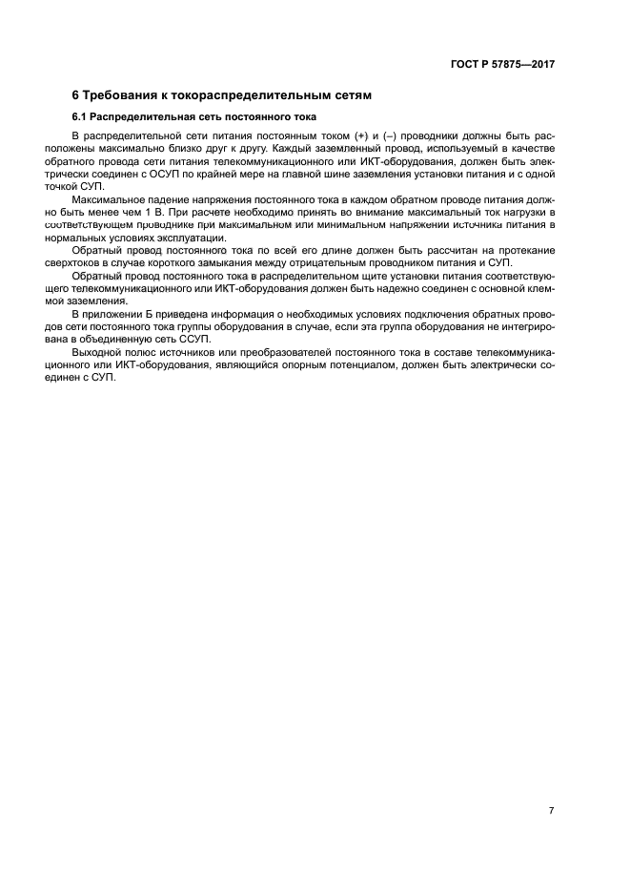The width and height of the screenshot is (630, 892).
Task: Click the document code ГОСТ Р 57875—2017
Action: coord(501,65)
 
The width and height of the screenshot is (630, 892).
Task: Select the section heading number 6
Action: coord(76,95)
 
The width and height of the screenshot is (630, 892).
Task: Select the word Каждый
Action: coord(260,150)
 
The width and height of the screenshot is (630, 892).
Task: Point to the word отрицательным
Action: coord(342,262)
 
